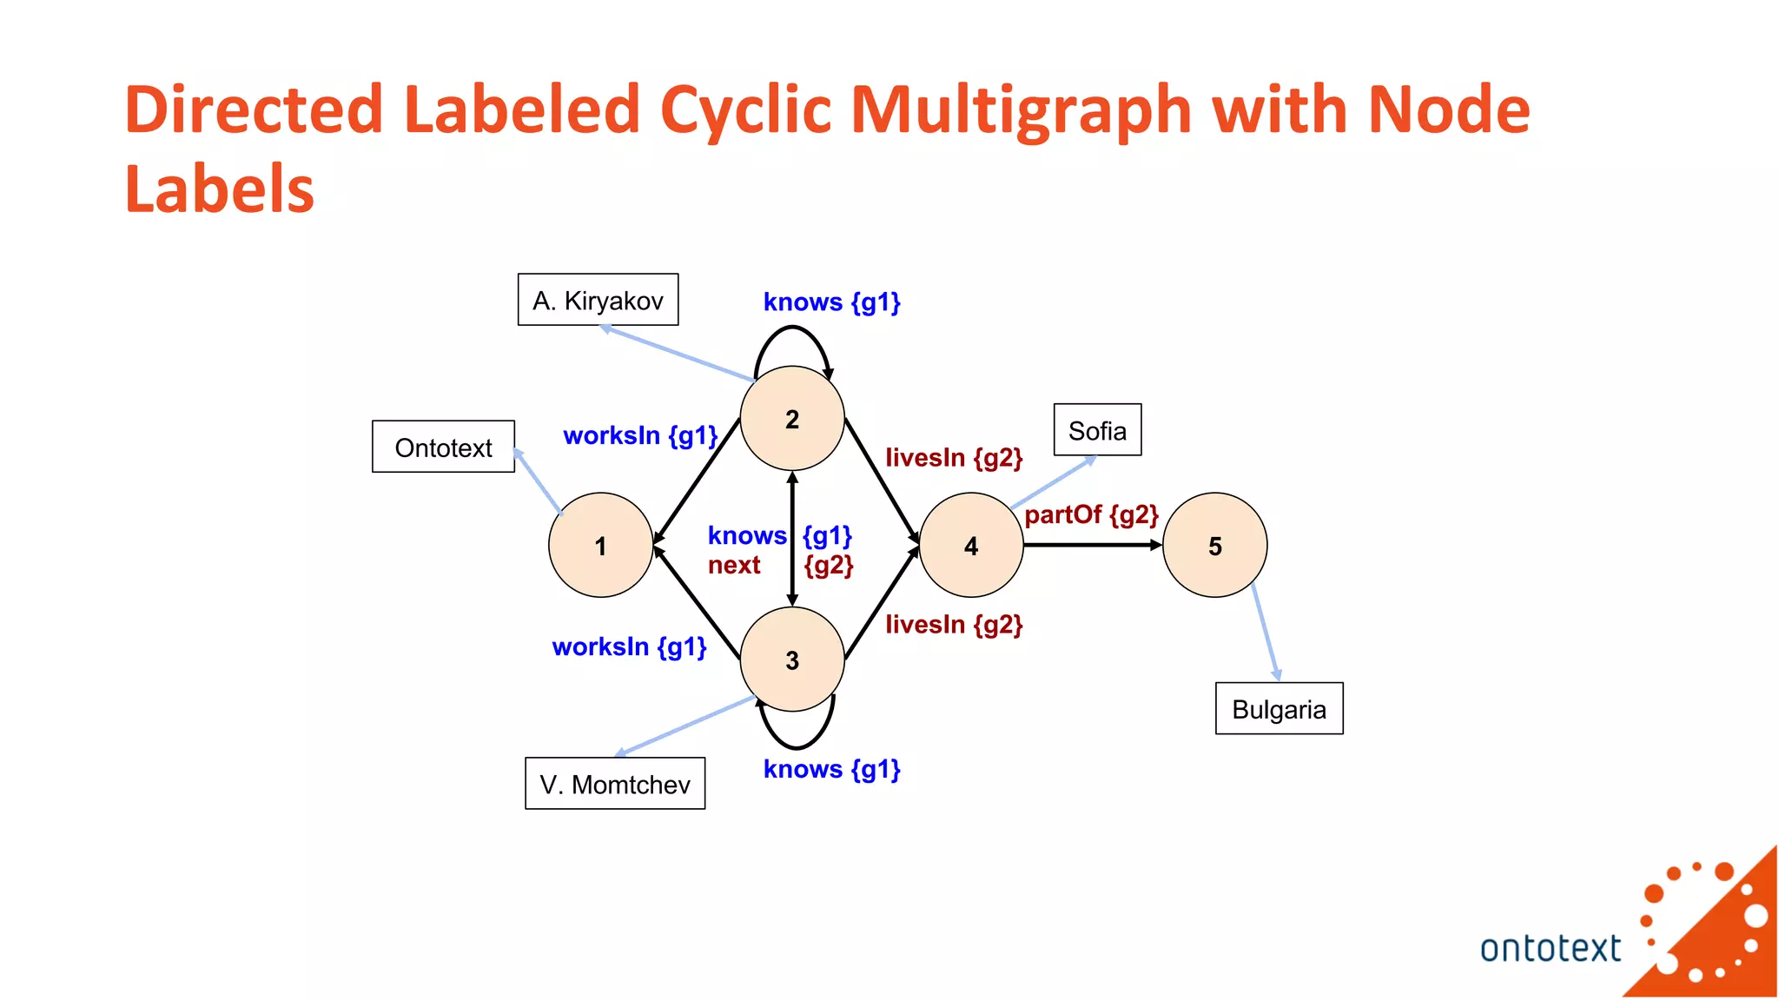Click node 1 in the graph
[x=600, y=545]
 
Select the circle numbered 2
[x=791, y=419]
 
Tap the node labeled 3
[x=791, y=660]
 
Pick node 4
[x=970, y=545]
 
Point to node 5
[x=1214, y=545]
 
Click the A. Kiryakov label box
[x=598, y=300]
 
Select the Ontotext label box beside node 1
[x=443, y=447]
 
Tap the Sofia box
[x=1097, y=430]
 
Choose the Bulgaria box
[x=1279, y=709]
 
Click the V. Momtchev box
[x=615, y=784]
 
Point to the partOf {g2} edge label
[x=1091, y=514]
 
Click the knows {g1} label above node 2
[x=831, y=302]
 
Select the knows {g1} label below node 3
[x=831, y=769]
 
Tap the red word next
[x=734, y=565]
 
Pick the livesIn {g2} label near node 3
[x=954, y=624]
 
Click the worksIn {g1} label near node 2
[x=640, y=434]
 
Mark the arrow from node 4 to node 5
[x=1092, y=545]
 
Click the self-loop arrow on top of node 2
[x=791, y=328]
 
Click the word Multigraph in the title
[x=1021, y=109]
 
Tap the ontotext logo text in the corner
[x=1550, y=948]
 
